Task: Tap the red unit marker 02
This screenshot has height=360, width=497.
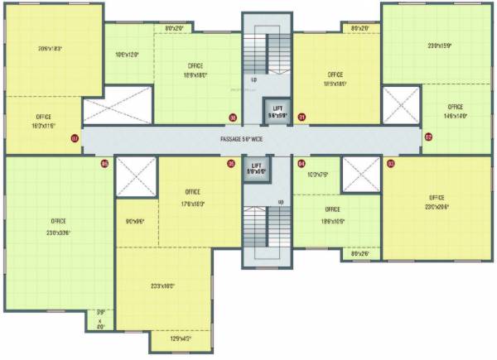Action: pyautogui.click(x=428, y=137)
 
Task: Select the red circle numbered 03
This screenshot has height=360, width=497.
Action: pyautogui.click(x=390, y=163)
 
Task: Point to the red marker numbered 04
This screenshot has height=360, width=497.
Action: pyautogui.click(x=302, y=163)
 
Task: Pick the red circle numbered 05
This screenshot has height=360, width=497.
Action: pyautogui.click(x=104, y=163)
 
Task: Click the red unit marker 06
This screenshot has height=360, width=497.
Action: pyautogui.click(x=231, y=163)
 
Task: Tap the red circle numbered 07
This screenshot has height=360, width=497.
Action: pyautogui.click(x=75, y=137)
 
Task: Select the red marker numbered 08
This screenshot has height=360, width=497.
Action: pyautogui.click(x=233, y=117)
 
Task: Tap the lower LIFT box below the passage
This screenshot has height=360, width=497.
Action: pyautogui.click(x=258, y=170)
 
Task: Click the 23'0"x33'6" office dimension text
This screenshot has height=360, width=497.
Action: pyautogui.click(x=58, y=233)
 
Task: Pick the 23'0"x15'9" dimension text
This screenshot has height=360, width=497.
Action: pyautogui.click(x=439, y=46)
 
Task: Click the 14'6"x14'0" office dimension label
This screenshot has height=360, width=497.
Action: pyautogui.click(x=455, y=116)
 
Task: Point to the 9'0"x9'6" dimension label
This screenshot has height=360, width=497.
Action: pyautogui.click(x=136, y=221)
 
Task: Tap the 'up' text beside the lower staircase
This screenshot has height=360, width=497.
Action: pyautogui.click(x=282, y=202)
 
